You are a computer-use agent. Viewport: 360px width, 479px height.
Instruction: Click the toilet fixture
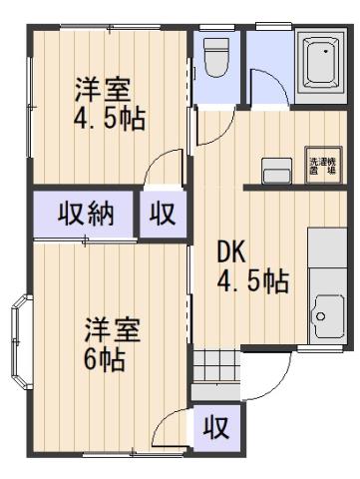coord(214,61)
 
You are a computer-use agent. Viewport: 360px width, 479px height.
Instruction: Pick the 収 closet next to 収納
coord(163,213)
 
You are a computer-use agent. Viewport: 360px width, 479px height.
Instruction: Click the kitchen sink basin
coord(324,315)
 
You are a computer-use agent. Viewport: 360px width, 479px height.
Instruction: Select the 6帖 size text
coord(104,360)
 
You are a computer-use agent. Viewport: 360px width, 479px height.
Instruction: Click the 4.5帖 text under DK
coord(253,282)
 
